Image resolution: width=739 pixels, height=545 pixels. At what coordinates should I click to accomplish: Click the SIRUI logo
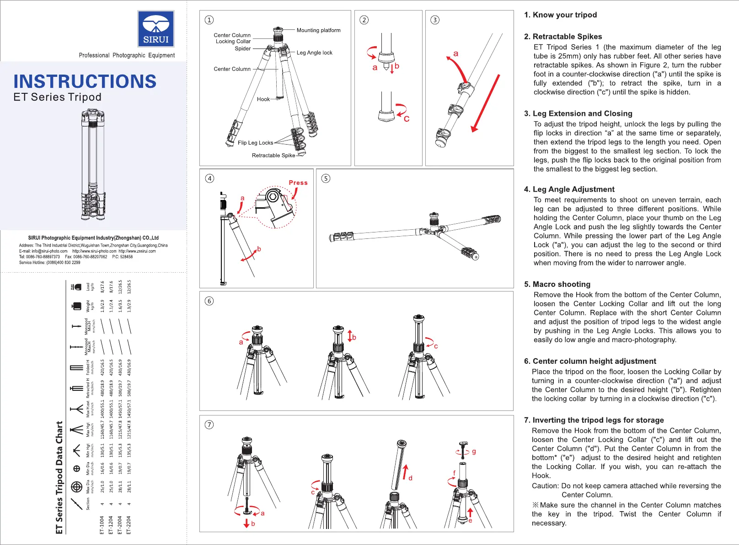coord(156,29)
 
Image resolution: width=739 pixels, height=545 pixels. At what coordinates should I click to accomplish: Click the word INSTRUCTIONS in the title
coord(85,81)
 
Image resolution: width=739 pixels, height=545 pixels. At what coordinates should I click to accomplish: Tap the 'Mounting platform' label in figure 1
coord(318,30)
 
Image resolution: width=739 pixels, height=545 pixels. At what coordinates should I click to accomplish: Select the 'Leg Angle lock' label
coord(314,53)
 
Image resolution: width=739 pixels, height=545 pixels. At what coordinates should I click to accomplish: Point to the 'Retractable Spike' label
coord(273,155)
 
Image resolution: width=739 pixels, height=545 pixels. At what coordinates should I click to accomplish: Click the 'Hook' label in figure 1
coord(263,99)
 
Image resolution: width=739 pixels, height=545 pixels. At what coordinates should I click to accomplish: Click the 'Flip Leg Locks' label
coord(255,143)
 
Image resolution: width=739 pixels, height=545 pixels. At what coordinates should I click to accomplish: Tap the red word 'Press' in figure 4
coord(298,183)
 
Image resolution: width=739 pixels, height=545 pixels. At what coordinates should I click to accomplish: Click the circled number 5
coord(326,178)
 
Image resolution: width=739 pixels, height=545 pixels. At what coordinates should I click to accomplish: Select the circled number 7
coord(209,425)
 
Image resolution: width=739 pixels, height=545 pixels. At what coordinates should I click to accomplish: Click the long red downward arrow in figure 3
coord(486,103)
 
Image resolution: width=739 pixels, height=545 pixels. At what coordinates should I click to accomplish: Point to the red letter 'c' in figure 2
coord(407,119)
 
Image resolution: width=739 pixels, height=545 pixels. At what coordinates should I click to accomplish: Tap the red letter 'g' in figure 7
coord(474,451)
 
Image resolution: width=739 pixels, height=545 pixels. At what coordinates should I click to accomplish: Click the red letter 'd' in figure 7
coord(410,478)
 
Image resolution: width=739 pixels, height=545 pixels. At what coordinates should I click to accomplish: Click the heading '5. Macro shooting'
coord(557,284)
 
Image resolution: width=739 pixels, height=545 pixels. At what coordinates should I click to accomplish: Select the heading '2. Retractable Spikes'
coord(562,37)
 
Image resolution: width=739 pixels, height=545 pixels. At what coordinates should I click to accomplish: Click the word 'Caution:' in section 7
coord(545,486)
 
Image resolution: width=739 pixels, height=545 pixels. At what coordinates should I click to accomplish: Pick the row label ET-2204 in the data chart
coord(129,525)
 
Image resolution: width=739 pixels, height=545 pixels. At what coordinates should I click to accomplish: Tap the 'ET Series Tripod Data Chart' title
coord(59,477)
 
